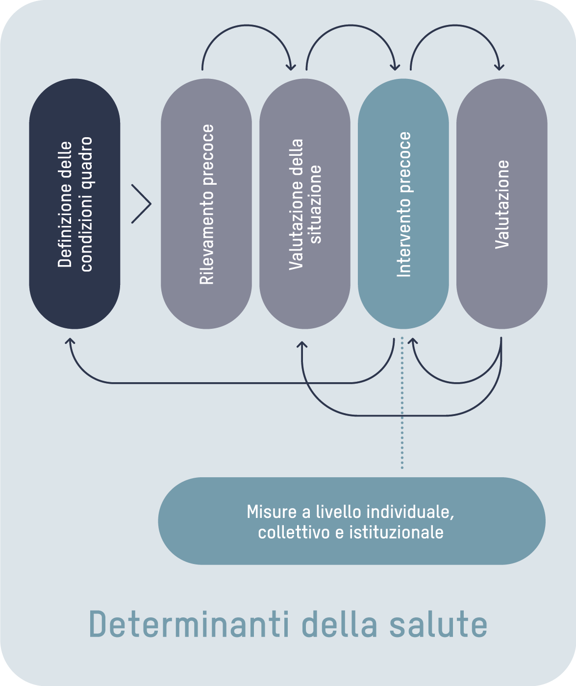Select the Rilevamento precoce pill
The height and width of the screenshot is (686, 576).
tap(206, 204)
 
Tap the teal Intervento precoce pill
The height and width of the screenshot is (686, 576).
tap(403, 204)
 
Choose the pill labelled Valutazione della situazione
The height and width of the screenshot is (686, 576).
tap(305, 204)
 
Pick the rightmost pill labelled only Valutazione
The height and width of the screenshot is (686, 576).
tap(501, 204)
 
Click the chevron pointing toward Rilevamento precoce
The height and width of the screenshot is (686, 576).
tap(142, 204)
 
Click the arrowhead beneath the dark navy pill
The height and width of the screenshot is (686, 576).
tap(70, 341)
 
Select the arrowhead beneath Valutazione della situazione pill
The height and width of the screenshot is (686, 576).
tap(302, 345)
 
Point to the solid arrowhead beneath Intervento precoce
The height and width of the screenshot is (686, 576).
tap(413, 341)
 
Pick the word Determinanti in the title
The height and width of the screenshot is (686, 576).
tap(187, 625)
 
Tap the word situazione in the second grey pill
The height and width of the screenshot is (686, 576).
tap(316, 204)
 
